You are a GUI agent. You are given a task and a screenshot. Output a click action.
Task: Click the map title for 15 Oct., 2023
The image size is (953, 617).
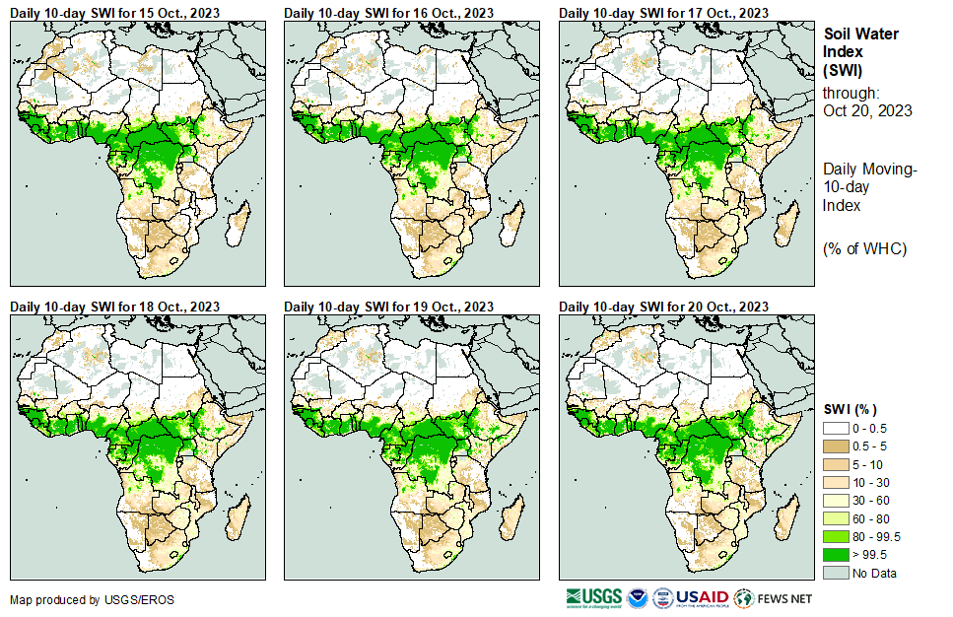(115, 12)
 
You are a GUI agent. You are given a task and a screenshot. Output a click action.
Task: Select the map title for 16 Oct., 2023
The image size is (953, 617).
(389, 12)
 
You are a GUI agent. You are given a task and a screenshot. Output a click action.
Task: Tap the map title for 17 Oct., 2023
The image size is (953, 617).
(663, 12)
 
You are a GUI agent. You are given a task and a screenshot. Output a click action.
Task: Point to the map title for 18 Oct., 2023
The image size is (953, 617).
(115, 307)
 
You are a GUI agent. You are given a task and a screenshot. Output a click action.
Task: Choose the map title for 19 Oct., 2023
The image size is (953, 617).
(389, 307)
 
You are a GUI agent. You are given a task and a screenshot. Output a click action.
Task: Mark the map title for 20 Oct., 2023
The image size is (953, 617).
(663, 307)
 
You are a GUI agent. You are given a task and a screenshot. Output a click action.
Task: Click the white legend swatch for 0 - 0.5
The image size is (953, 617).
(836, 429)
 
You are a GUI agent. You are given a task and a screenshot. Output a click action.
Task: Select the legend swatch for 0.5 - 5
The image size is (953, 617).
(836, 446)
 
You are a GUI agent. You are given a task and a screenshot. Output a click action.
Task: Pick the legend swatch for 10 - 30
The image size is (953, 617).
(836, 483)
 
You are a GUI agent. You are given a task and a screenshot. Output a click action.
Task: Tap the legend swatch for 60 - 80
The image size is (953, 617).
(836, 518)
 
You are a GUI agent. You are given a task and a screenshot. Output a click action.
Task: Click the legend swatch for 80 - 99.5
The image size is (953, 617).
(836, 536)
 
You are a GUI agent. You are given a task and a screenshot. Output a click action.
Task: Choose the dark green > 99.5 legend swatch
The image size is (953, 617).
(836, 554)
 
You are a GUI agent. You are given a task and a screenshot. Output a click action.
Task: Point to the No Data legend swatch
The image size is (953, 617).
(836, 573)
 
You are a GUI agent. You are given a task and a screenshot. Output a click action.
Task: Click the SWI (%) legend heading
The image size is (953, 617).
(851, 409)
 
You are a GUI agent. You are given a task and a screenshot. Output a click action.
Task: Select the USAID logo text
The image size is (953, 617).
(701, 597)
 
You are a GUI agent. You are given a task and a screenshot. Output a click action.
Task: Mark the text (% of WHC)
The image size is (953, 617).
(864, 247)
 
